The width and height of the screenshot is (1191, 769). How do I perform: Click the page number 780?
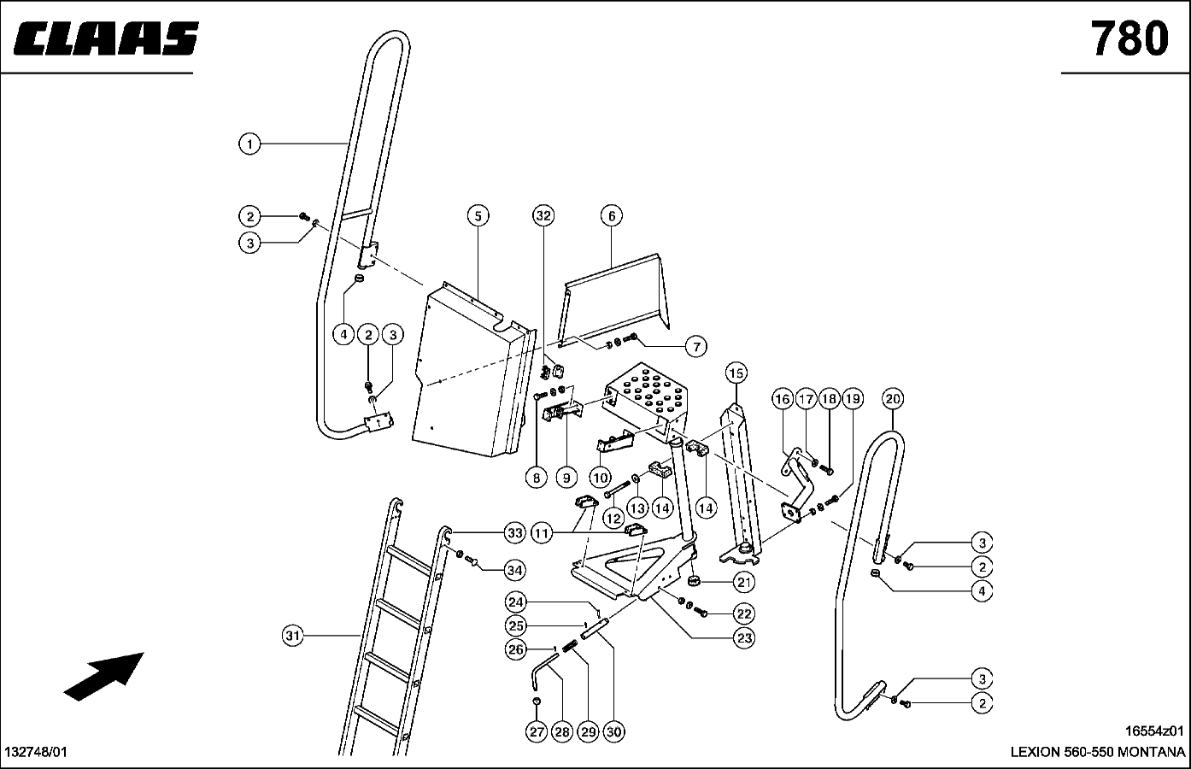[1128, 38]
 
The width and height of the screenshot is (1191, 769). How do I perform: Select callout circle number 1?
[249, 144]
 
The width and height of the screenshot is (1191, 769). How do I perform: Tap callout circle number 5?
[478, 216]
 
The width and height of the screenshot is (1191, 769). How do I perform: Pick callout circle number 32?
[543, 216]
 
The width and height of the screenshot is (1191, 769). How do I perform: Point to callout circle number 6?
[612, 216]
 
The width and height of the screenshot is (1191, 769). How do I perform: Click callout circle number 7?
[695, 346]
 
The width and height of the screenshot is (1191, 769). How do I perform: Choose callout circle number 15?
[736, 373]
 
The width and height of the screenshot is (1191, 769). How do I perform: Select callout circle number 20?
[892, 398]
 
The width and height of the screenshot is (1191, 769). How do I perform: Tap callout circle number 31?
[293, 636]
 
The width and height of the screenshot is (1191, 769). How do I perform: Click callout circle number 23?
[744, 637]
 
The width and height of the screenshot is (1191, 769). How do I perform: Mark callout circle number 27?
[537, 731]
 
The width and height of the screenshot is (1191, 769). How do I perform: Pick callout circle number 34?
[514, 570]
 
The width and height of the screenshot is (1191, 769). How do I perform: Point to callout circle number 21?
[744, 583]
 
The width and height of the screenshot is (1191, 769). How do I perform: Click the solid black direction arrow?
[103, 676]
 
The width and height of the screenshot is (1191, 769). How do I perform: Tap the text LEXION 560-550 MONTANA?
[1097, 753]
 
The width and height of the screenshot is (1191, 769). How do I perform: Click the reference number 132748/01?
[36, 753]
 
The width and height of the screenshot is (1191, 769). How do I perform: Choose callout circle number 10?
[600, 478]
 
